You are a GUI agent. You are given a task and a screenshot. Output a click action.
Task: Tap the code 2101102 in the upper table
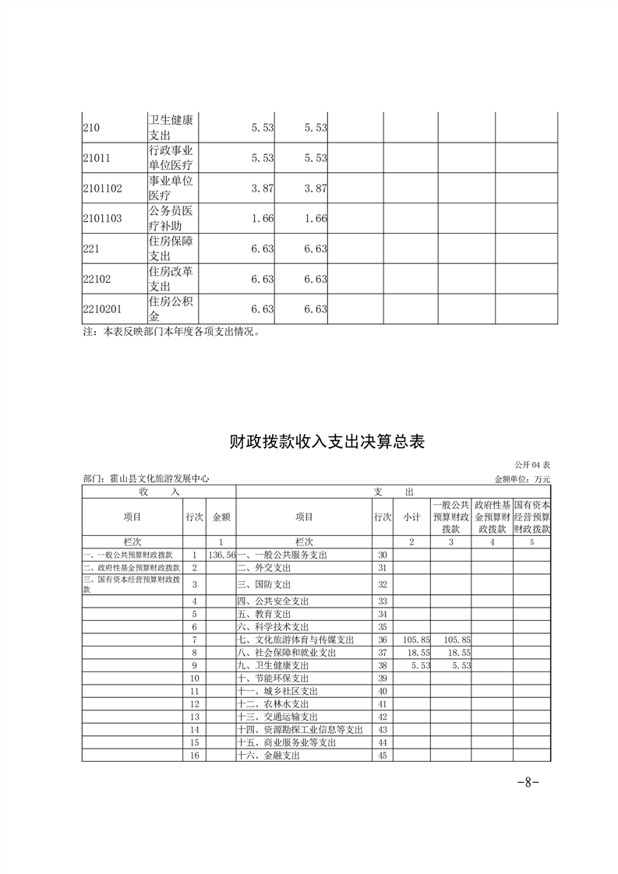(x=102, y=188)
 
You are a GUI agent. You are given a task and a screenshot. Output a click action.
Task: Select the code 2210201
(x=102, y=309)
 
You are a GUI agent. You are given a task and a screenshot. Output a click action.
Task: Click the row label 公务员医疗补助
(x=171, y=218)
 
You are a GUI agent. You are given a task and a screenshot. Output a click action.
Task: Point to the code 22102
(x=97, y=279)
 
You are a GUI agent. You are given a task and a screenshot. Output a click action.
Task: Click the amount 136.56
(x=222, y=555)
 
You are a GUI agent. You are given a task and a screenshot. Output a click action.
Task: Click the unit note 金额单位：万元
(x=522, y=480)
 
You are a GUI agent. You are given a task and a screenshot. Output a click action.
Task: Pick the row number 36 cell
(x=382, y=640)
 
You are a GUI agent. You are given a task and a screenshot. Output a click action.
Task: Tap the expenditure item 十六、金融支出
(x=269, y=756)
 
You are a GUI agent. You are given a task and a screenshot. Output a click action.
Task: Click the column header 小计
(x=411, y=517)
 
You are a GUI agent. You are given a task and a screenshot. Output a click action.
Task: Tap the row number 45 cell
(x=382, y=756)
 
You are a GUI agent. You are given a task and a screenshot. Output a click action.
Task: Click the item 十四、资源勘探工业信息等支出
(x=300, y=730)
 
